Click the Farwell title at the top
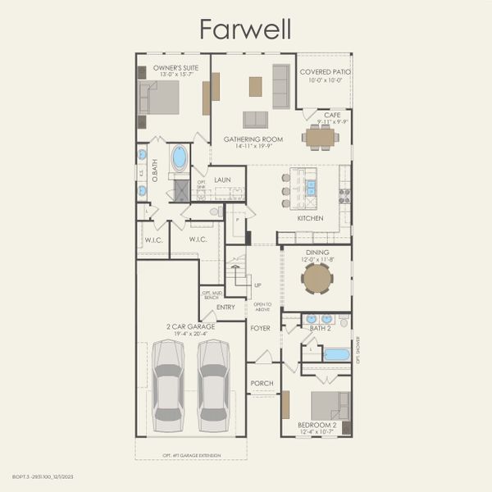tap(246, 30)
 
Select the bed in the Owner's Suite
tap(159, 98)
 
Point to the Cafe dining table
tap(319, 137)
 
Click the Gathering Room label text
tap(253, 139)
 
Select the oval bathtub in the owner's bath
tap(179, 157)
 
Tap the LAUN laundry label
tap(222, 180)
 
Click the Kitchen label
tap(310, 218)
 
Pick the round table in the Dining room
tap(317, 279)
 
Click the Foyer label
tap(260, 328)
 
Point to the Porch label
tap(262, 383)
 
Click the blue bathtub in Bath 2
tap(336, 354)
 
